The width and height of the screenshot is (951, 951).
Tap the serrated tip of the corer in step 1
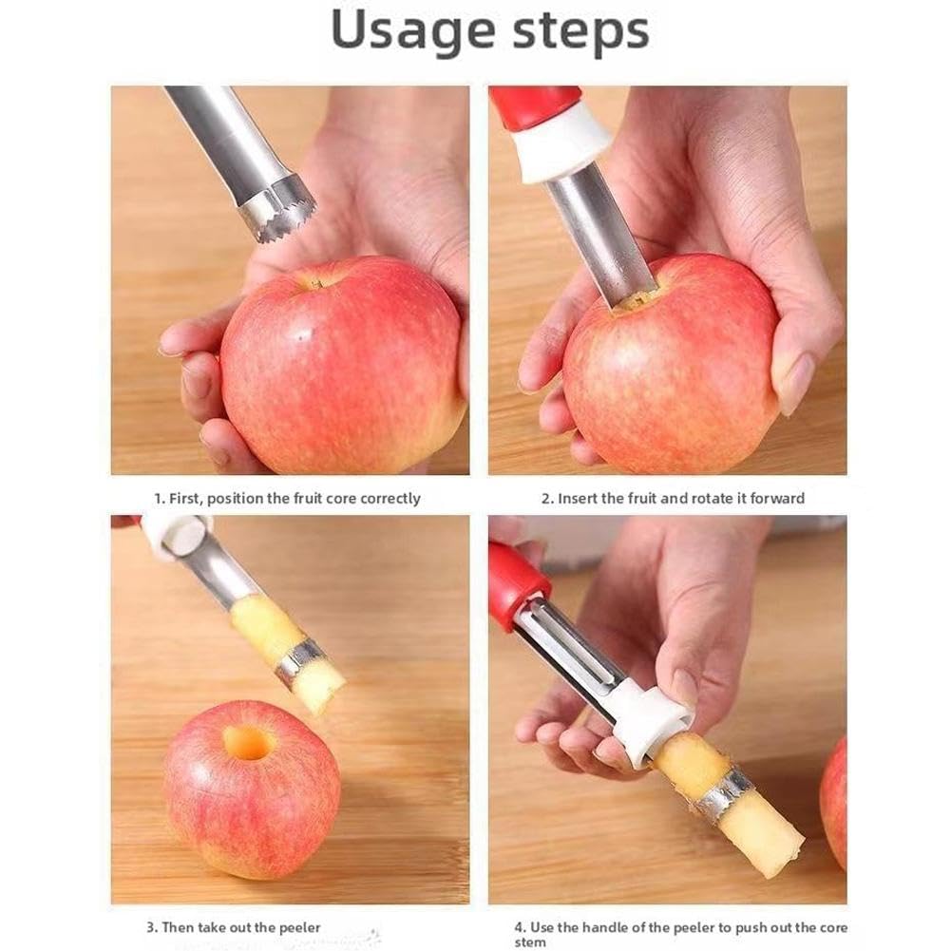tap(276, 210)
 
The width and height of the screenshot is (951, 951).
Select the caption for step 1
tap(287, 498)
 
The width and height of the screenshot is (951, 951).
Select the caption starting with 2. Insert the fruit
tap(673, 498)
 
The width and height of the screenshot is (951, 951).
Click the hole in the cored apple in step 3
tap(249, 742)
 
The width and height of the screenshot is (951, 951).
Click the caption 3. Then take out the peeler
tap(233, 927)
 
